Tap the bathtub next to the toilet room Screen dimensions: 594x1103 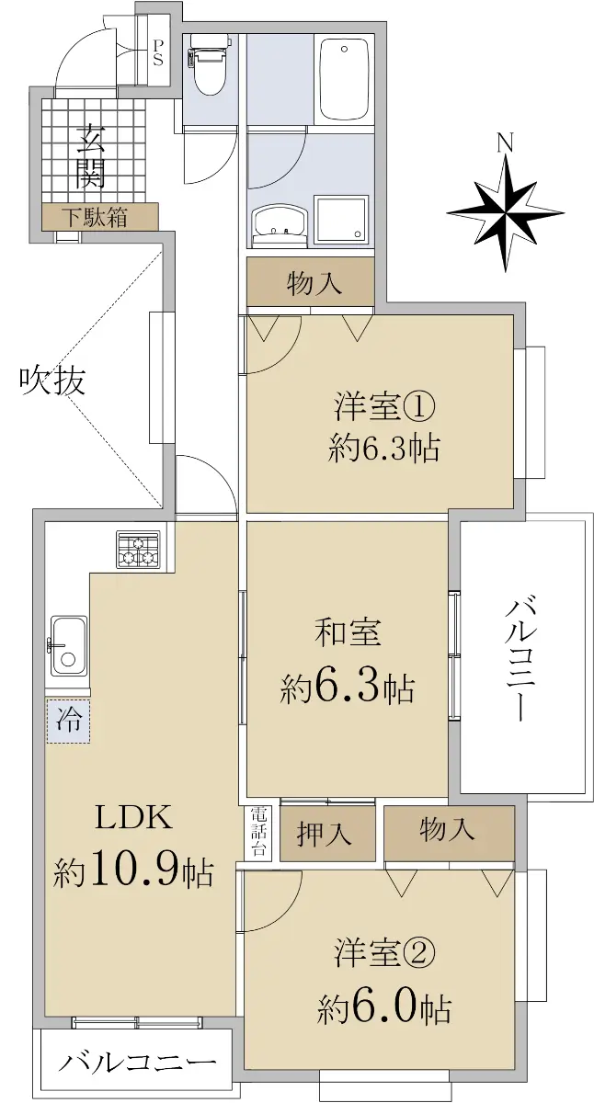click(344, 79)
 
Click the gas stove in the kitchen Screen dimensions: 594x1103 click(139, 550)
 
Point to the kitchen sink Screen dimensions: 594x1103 click(70, 645)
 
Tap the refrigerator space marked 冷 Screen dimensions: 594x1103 click(68, 721)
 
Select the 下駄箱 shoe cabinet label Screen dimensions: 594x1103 click(95, 217)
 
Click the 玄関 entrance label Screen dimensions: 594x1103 click(91, 157)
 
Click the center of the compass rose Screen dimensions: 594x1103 click(506, 213)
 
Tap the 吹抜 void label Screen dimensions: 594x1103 click(52, 381)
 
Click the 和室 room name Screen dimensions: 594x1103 click(348, 632)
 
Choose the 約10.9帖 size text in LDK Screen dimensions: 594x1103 click(133, 872)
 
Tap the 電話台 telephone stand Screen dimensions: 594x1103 click(257, 831)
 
